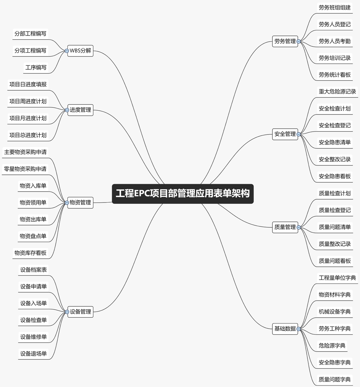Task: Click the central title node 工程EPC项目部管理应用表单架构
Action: [183, 193]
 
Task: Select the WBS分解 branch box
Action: [81, 51]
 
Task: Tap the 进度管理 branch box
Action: [81, 110]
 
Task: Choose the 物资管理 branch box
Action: [81, 203]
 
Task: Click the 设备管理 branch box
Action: [81, 312]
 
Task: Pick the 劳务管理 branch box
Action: [285, 41]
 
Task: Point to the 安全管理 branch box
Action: [285, 134]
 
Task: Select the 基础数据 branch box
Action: [285, 329]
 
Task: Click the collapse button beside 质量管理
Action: [298, 227]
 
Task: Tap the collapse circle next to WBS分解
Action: [67, 51]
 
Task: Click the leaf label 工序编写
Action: [36, 67]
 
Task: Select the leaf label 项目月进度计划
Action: [28, 118]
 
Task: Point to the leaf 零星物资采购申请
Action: [25, 169]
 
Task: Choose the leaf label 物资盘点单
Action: [33, 236]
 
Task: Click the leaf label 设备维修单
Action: [34, 337]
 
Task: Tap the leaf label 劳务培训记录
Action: [335, 58]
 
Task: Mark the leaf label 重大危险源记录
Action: [337, 92]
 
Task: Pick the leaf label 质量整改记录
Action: [335, 244]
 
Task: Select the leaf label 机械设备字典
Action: [335, 312]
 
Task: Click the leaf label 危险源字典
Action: [332, 345]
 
